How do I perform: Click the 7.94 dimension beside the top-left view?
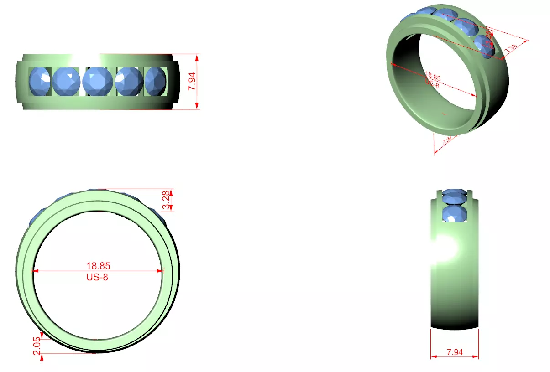pos(192,81)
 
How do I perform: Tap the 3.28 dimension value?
pos(167,200)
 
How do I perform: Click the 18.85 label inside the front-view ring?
pos(98,265)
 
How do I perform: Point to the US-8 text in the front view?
pos(97,277)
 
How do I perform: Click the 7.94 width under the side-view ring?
pos(455,352)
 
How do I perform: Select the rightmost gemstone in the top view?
pos(155,82)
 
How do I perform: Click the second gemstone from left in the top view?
pos(66,82)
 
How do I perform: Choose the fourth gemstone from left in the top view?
pos(129,82)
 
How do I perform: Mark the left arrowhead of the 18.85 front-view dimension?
pos(34,271)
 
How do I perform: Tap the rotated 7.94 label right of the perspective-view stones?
pos(511,46)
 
